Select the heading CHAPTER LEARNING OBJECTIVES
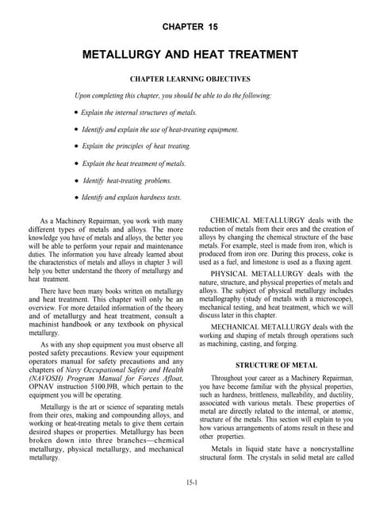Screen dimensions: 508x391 pyautogui.click(x=195, y=79)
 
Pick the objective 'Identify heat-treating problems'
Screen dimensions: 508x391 pyautogui.click(x=135, y=180)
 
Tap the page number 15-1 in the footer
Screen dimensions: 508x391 pyautogui.click(x=195, y=482)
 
